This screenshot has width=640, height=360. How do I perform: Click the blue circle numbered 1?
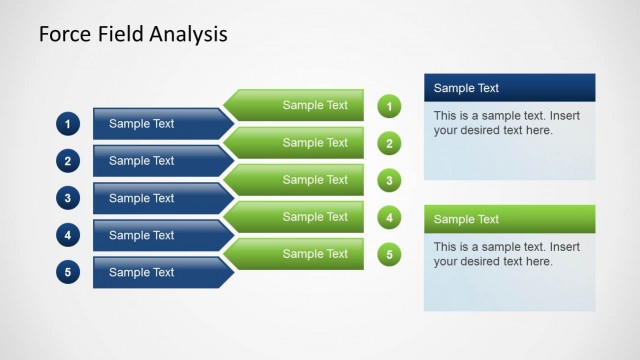(67, 124)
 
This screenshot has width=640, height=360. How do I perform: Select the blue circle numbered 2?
(67, 161)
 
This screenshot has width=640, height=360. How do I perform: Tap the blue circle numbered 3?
(67, 198)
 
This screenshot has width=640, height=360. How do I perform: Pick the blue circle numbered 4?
(67, 236)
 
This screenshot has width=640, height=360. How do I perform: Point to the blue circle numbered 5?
(67, 272)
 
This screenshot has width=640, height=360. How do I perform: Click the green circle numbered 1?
(390, 106)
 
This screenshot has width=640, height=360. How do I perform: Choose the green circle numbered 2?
(390, 143)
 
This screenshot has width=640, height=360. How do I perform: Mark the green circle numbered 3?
(390, 180)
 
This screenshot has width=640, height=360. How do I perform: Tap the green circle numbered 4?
(390, 217)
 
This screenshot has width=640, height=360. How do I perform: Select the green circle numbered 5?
(390, 254)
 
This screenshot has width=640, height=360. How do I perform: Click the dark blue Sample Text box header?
(509, 88)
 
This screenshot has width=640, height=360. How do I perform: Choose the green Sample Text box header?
(509, 219)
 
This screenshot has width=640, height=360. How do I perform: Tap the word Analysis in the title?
(190, 35)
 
